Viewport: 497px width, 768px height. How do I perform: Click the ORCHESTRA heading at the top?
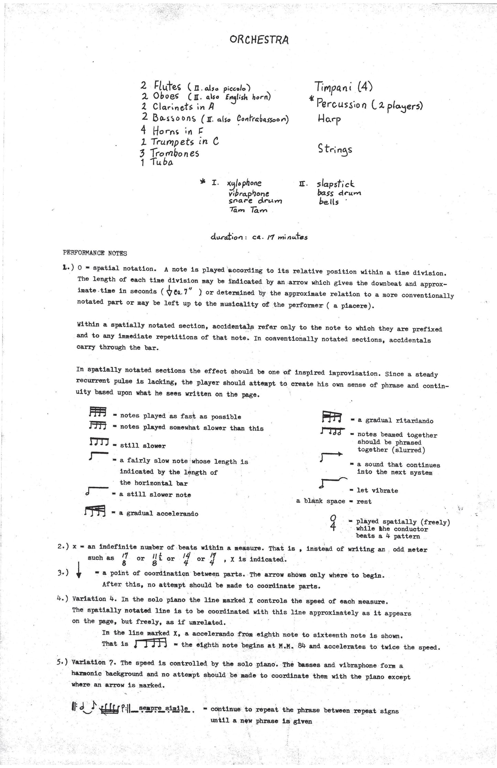259,40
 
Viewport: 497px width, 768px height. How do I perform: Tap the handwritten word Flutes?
167,86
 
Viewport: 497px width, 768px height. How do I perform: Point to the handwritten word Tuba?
161,163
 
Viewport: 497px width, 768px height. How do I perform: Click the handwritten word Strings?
335,150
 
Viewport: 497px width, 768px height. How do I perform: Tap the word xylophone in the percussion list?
244,184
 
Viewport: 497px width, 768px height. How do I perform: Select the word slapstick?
336,184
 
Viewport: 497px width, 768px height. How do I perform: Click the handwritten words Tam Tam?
248,210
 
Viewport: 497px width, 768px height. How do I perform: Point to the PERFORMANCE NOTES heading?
95,253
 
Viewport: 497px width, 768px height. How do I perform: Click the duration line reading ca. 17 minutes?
260,237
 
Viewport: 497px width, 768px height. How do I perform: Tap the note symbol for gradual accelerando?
95,512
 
